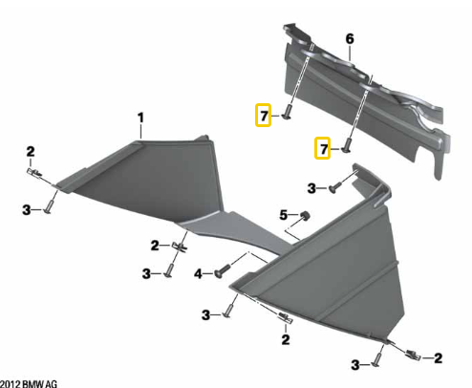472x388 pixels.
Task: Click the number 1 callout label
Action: [140, 118]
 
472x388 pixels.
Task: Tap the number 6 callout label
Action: [350, 39]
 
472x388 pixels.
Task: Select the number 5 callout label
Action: [284, 215]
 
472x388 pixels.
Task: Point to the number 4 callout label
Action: [198, 273]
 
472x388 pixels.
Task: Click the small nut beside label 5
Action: [305, 215]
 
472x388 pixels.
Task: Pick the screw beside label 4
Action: [223, 270]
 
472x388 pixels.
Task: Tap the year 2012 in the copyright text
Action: [11, 383]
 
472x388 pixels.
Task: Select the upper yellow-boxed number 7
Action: [264, 116]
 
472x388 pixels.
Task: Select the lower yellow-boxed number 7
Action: [323, 148]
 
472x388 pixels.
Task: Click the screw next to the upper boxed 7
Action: [287, 113]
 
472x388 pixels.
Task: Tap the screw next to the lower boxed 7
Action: [347, 145]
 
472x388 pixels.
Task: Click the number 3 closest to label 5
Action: [311, 188]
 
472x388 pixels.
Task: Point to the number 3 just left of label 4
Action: [146, 273]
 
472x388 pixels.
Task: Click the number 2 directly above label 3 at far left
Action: [31, 151]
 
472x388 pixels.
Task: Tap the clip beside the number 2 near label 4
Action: [180, 247]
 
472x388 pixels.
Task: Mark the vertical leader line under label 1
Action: [140, 132]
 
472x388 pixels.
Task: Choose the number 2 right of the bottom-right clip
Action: [439, 358]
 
